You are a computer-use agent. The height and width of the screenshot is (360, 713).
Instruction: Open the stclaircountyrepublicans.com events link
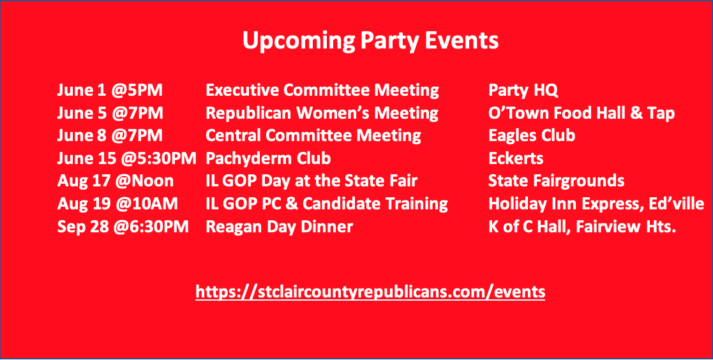point(370,291)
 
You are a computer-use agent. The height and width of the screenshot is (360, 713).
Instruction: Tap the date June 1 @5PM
point(110,91)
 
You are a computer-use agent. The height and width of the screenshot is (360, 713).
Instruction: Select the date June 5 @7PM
point(110,113)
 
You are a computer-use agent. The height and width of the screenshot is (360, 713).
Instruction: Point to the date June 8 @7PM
point(110,136)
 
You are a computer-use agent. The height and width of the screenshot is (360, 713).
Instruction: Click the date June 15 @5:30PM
point(127,159)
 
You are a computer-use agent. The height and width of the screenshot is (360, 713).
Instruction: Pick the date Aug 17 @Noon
point(116,181)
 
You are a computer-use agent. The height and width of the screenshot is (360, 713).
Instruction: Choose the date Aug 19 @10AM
point(117,204)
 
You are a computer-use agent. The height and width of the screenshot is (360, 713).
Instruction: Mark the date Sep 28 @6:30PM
point(123,227)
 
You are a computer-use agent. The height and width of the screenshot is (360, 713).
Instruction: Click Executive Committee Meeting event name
point(322,91)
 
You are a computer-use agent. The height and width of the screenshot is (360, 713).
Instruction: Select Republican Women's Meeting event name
point(322,113)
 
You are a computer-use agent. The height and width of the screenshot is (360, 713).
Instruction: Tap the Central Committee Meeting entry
point(313,136)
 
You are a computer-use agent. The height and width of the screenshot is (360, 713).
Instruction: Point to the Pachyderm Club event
point(268,159)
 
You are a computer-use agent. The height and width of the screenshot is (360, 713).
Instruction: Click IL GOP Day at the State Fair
point(312,181)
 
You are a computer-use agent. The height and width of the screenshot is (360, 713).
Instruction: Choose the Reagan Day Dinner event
point(279,227)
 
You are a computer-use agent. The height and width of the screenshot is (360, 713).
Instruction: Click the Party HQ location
point(523,91)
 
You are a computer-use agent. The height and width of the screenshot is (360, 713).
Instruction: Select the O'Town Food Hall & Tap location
point(582,113)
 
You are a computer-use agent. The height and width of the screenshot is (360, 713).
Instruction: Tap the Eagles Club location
point(532,136)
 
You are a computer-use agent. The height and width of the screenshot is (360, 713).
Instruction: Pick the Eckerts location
point(516,159)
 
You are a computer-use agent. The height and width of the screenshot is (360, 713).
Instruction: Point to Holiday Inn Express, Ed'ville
point(596,204)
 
